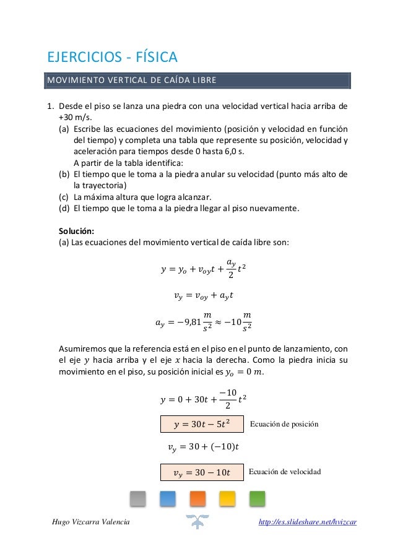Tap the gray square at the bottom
point(137,498)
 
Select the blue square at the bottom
point(168,498)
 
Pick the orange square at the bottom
point(197,498)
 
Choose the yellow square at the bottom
point(227,498)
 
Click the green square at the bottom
point(257,498)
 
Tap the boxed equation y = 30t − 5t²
point(202,424)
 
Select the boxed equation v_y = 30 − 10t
point(202,473)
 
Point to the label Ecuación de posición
point(284,424)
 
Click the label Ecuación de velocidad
point(285,472)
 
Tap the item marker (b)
point(64,175)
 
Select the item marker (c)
point(64,197)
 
